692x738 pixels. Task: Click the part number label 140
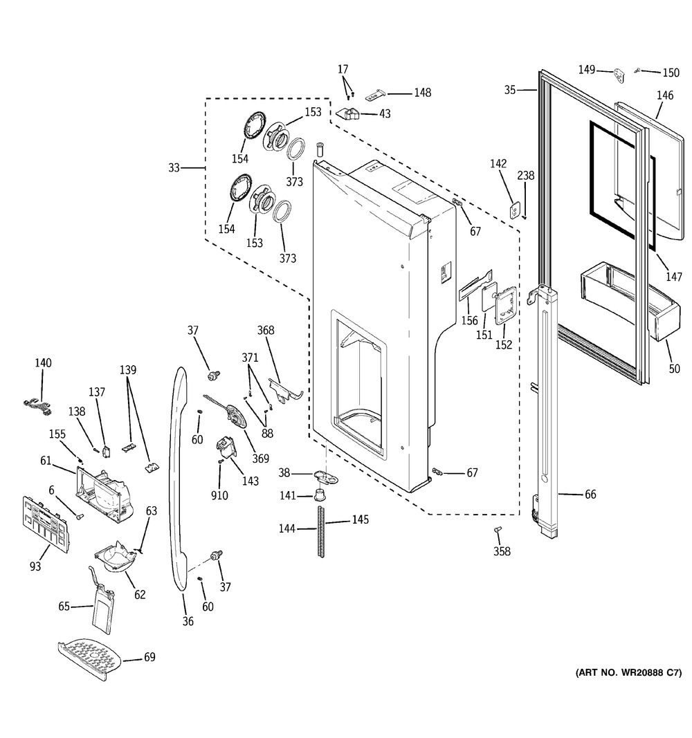(x=43, y=363)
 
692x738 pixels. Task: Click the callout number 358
(x=501, y=551)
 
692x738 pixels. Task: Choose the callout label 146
(x=664, y=96)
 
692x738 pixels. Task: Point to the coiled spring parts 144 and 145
(x=321, y=530)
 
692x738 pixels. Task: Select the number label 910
(x=219, y=495)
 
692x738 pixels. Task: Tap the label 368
(x=266, y=331)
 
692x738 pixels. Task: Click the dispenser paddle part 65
(x=102, y=605)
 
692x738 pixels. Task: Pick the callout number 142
(x=498, y=164)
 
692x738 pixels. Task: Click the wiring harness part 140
(x=37, y=406)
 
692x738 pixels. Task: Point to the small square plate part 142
(x=514, y=210)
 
